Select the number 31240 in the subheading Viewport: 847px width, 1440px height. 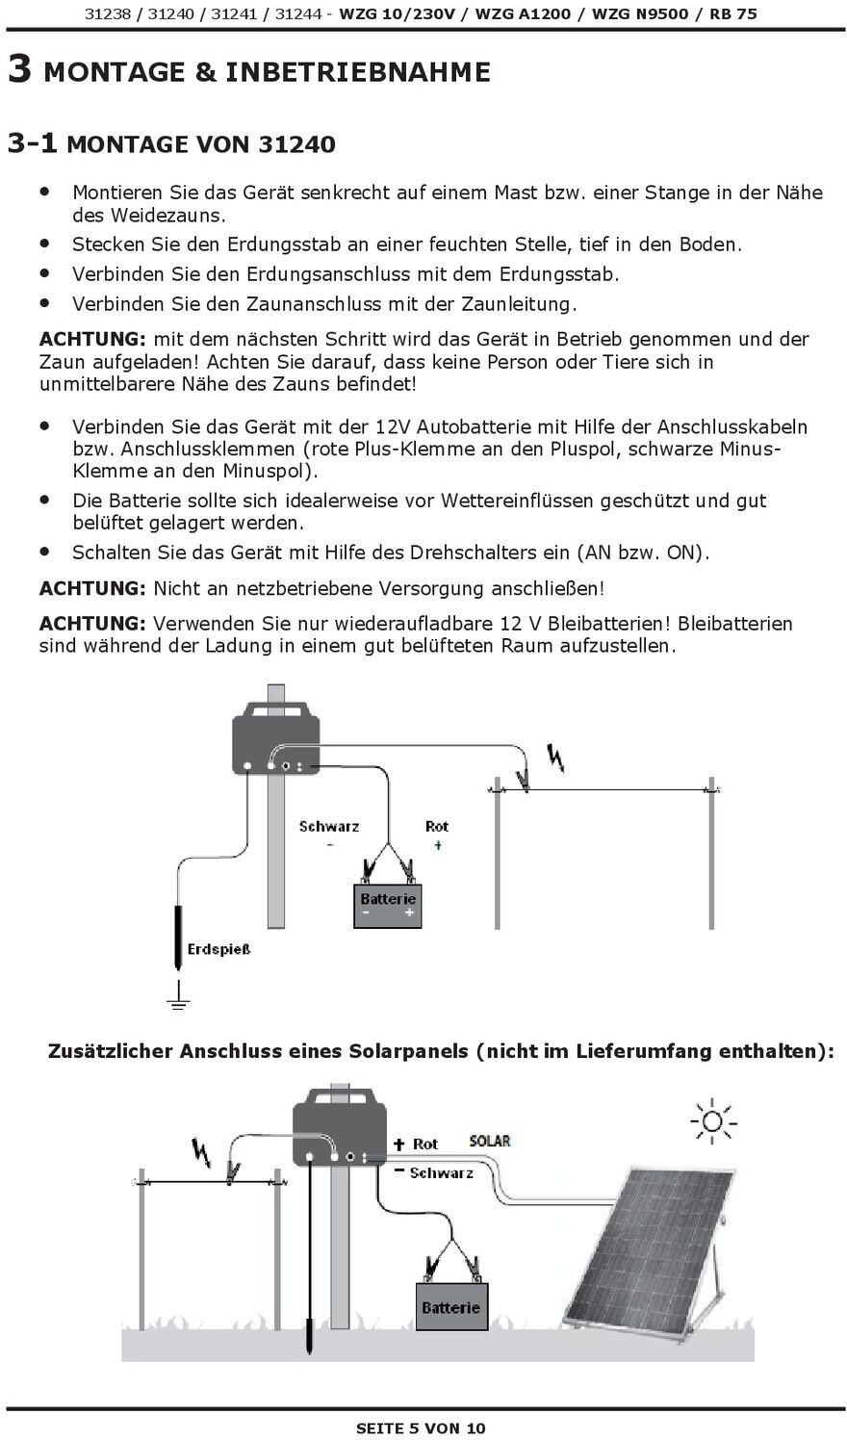point(296,144)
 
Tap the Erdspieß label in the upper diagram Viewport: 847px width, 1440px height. point(218,950)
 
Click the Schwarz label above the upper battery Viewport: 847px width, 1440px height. point(329,827)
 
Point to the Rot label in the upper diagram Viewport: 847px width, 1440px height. point(437,827)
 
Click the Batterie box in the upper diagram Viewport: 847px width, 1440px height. point(388,906)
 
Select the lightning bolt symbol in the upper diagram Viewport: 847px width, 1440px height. point(555,759)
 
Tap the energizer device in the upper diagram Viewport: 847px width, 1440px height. point(275,737)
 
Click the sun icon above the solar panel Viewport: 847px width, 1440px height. point(712,1121)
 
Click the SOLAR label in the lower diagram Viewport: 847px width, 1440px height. point(490,1142)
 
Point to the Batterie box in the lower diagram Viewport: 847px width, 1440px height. point(450,1306)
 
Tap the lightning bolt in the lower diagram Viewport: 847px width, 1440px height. point(202,1150)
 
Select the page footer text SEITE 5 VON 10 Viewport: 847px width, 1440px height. point(421,1428)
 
